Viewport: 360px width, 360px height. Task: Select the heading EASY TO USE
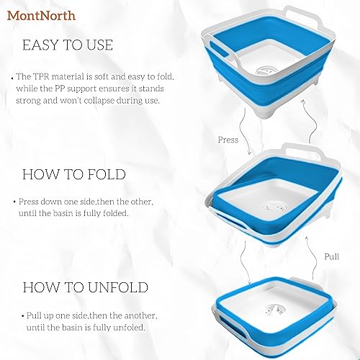click(68, 45)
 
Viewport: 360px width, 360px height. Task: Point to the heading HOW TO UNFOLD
click(85, 288)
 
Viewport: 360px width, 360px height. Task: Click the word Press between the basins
click(228, 140)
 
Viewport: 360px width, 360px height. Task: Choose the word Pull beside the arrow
click(332, 256)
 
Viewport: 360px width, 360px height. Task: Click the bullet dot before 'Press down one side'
click(15, 202)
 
